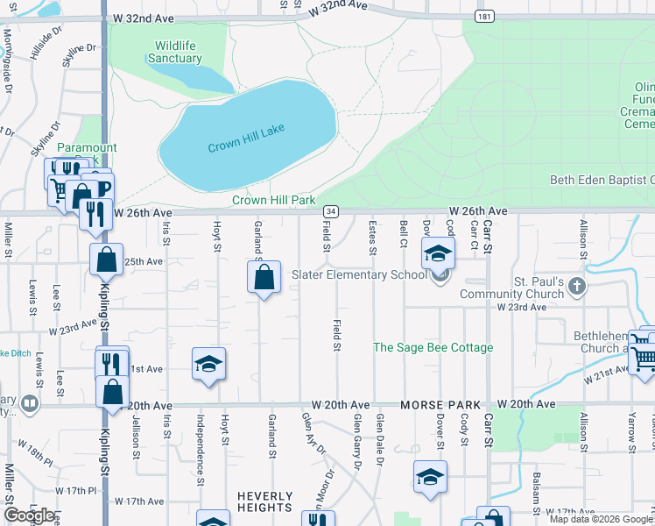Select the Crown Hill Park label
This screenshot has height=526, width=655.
pyautogui.click(x=273, y=200)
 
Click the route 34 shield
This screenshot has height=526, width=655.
pyautogui.click(x=330, y=211)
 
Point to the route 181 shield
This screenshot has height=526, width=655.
pyautogui.click(x=482, y=17)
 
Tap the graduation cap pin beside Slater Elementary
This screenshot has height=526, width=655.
pyautogui.click(x=439, y=254)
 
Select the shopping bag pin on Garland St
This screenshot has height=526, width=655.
pyautogui.click(x=264, y=279)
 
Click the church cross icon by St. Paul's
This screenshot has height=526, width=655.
pyautogui.click(x=576, y=285)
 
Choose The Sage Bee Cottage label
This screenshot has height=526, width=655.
pyautogui.click(x=433, y=348)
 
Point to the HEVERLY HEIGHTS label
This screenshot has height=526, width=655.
pyautogui.click(x=264, y=501)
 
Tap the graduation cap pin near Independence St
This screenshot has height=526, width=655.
pyautogui.click(x=208, y=364)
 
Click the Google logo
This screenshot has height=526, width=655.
pyautogui.click(x=29, y=515)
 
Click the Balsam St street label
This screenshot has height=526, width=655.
pyautogui.click(x=536, y=490)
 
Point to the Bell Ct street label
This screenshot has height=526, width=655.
pyautogui.click(x=404, y=232)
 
